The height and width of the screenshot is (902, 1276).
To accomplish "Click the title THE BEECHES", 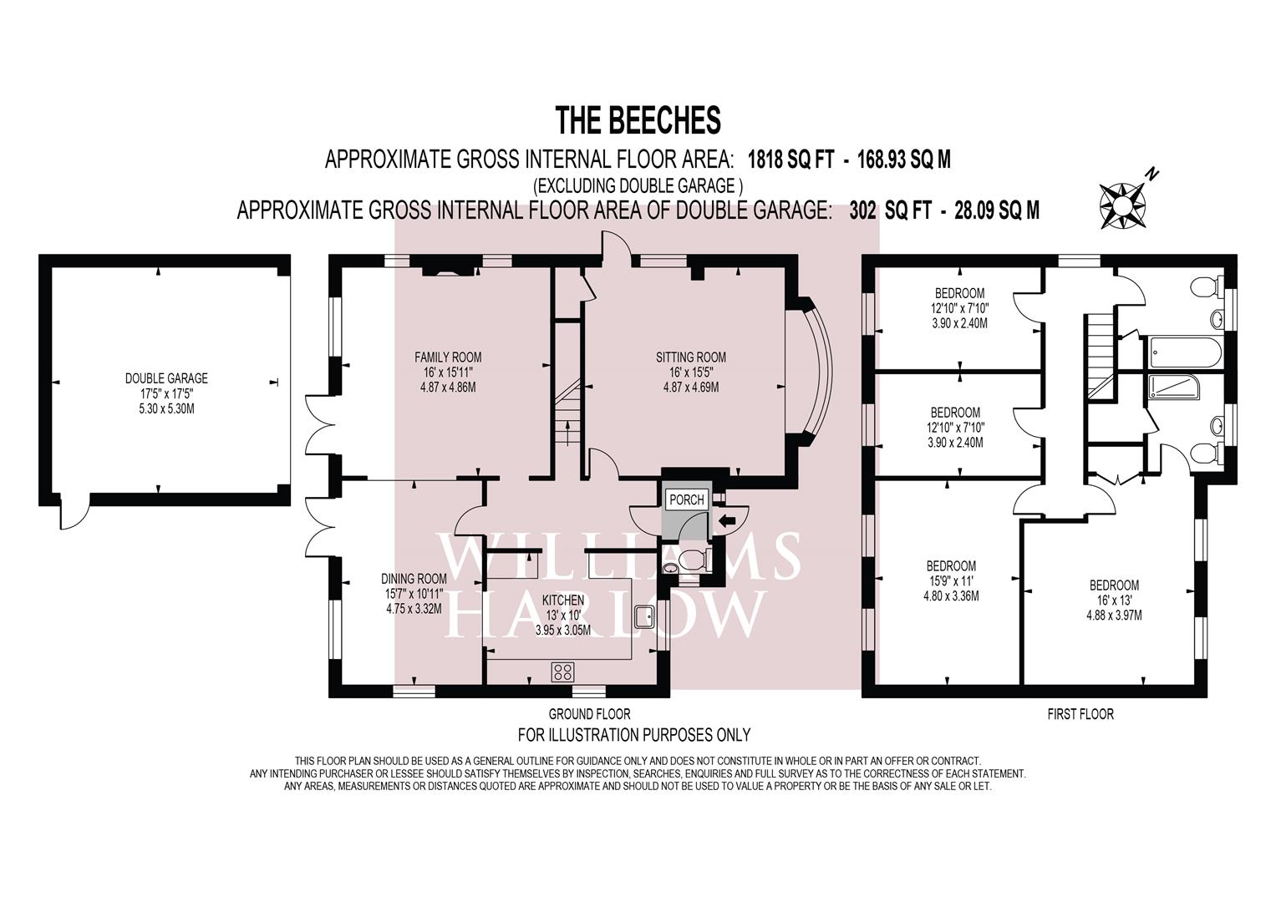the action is click(x=638, y=120).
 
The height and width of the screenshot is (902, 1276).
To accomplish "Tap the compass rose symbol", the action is click(x=1122, y=205).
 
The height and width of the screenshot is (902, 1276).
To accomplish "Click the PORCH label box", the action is click(x=686, y=499).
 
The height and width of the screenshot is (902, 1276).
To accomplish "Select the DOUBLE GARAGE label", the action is click(x=166, y=378).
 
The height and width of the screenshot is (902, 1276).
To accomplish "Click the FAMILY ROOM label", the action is click(x=448, y=357).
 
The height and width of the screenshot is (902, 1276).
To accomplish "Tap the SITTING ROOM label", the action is click(x=690, y=357).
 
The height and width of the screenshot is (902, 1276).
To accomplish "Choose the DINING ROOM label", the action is click(x=414, y=579).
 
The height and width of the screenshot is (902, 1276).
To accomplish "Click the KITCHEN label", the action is click(x=563, y=600).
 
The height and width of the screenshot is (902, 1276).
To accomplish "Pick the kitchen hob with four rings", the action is click(x=563, y=672).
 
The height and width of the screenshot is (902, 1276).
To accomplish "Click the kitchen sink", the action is click(x=645, y=616).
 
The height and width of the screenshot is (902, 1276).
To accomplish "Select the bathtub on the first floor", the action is click(x=1186, y=352).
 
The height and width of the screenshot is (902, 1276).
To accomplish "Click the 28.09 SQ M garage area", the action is click(x=996, y=210).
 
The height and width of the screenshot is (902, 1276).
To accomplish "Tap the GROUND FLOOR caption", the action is click(x=589, y=713).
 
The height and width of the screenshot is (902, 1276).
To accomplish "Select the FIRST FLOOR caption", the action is click(x=1080, y=713).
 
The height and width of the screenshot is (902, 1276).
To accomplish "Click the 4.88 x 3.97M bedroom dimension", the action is click(x=1114, y=615).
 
